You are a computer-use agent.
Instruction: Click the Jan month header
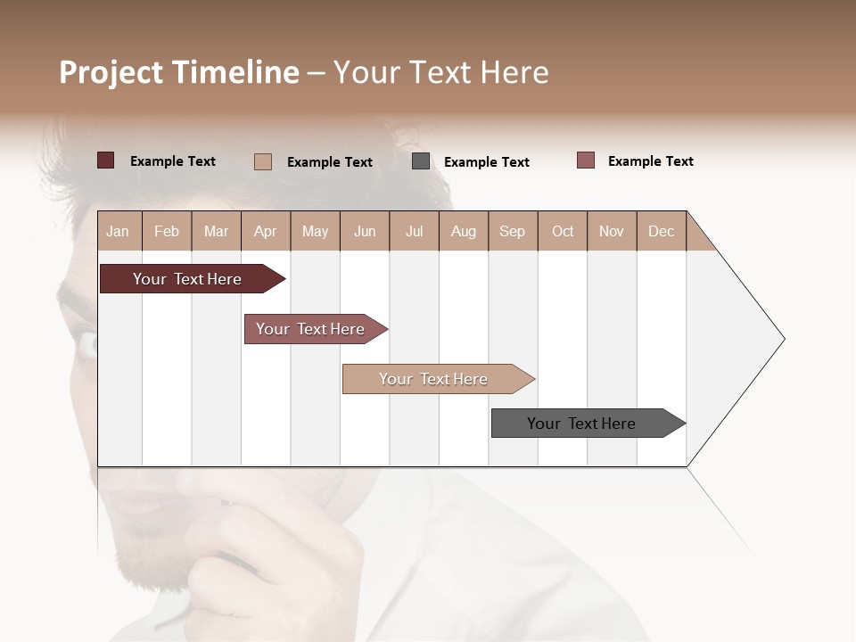click(x=118, y=231)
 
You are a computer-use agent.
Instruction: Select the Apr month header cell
click(x=265, y=231)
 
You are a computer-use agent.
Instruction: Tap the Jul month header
click(x=414, y=231)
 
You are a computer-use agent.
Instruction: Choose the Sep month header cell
click(x=512, y=231)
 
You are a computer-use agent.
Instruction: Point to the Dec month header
click(x=661, y=231)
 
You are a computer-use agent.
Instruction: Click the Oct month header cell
click(x=563, y=231)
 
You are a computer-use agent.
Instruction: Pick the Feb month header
click(x=167, y=231)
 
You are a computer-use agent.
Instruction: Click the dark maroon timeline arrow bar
click(x=187, y=279)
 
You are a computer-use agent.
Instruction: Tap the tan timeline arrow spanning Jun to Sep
click(x=434, y=379)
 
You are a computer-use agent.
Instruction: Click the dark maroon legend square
click(x=106, y=160)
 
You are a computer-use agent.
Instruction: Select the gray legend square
click(x=421, y=161)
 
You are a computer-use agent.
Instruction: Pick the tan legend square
click(x=263, y=161)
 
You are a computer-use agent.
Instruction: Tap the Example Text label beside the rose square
click(x=650, y=161)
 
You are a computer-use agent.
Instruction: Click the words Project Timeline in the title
click(x=178, y=72)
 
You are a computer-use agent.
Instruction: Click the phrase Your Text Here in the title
click(x=440, y=72)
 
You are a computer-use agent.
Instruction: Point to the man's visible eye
click(x=86, y=343)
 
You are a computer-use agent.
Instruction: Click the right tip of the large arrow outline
click(x=783, y=339)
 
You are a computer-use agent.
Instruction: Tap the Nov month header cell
click(x=612, y=231)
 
